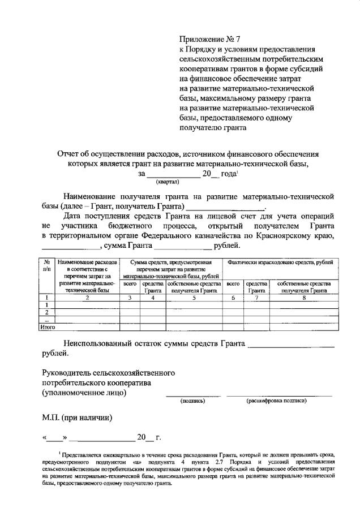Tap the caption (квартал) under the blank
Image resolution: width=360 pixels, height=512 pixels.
point(167,182)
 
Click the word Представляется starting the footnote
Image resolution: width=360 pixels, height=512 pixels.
point(85,454)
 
